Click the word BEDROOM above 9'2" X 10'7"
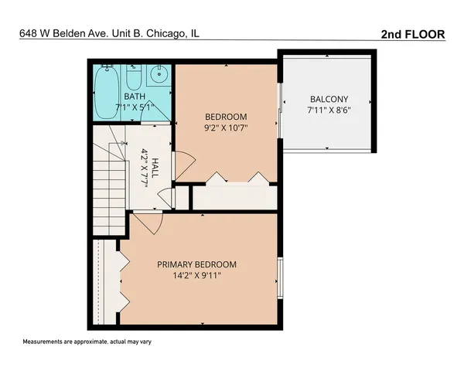(226, 117)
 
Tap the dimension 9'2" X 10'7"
(226, 128)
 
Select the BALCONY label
(329, 99)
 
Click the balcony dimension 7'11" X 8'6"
(329, 111)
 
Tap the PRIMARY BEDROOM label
(197, 264)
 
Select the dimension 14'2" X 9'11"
(197, 276)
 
